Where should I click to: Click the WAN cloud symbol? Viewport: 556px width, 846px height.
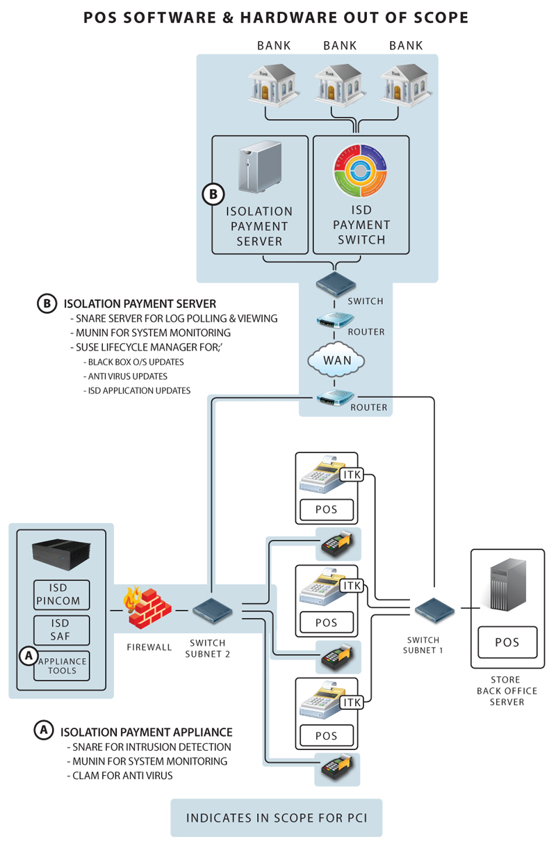coord(336,361)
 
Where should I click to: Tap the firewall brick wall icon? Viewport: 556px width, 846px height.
coord(147,607)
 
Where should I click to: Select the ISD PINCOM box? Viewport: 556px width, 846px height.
coord(62,594)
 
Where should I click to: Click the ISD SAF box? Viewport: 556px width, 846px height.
coord(62,630)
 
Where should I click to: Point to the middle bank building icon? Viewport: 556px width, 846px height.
coord(340,85)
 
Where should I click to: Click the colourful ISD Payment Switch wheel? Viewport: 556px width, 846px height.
coord(361,171)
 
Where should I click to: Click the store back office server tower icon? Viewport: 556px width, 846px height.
coord(505,587)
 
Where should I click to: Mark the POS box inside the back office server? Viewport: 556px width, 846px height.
coord(507,643)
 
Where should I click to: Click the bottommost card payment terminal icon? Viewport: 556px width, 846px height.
coord(337,769)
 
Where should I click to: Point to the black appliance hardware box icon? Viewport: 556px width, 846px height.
coord(62,554)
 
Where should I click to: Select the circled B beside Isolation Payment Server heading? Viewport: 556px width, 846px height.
coord(47,303)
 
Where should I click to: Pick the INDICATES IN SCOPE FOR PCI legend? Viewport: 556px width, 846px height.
coord(276,817)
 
